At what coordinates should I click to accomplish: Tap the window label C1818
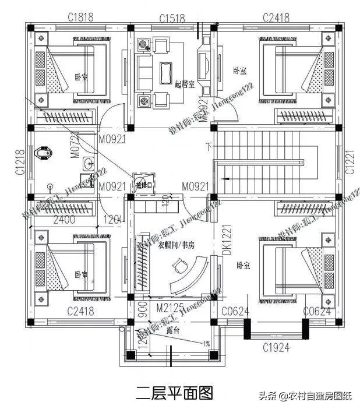pos(80,17)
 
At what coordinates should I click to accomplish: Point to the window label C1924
pos(276,348)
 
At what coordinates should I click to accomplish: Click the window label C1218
pos(19,162)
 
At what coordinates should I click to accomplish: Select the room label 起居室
pos(185,84)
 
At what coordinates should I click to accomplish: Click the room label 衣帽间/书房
pos(175,245)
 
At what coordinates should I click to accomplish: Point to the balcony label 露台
pos(172,330)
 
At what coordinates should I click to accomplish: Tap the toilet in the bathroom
pos(43,153)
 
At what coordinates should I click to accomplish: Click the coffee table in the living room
pos(164,72)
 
